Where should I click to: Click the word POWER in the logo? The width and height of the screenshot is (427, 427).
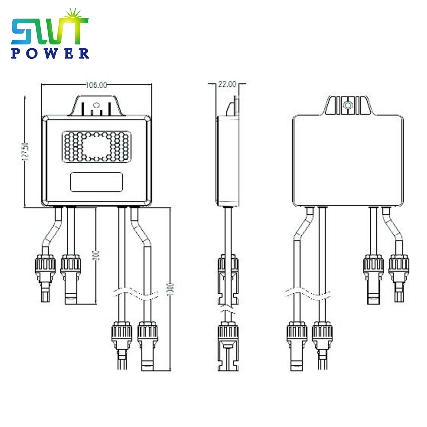(50, 53)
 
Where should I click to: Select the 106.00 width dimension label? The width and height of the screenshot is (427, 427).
(97, 85)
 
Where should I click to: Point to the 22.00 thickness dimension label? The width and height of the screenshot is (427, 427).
(227, 84)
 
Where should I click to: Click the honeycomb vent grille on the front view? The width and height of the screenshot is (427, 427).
(97, 147)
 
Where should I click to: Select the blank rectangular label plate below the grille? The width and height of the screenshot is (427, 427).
(97, 182)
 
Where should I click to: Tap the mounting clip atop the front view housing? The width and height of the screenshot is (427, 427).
(97, 106)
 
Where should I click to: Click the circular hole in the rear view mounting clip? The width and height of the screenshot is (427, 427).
(347, 105)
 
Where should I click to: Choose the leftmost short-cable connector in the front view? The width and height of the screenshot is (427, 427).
(46, 273)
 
